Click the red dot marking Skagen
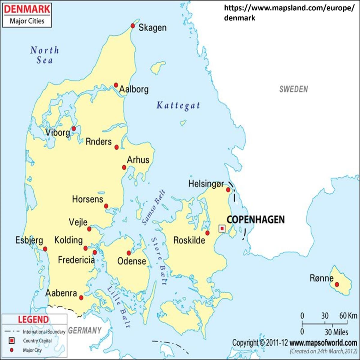click(133, 26)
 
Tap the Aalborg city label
click(134, 89)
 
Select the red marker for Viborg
click(73, 129)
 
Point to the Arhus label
click(138, 160)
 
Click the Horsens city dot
click(106, 206)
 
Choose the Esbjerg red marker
click(45, 249)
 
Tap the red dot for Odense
click(129, 253)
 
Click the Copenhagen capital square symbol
click(222, 229)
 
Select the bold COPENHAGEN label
click(255, 220)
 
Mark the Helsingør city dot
click(228, 190)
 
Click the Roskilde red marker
click(207, 233)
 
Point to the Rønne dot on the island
click(337, 284)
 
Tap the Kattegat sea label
click(178, 106)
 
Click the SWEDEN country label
click(293, 89)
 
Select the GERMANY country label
click(85, 331)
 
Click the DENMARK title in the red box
click(27, 9)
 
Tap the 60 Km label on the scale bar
click(348, 316)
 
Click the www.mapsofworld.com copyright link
click(323, 342)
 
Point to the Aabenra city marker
click(81, 298)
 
